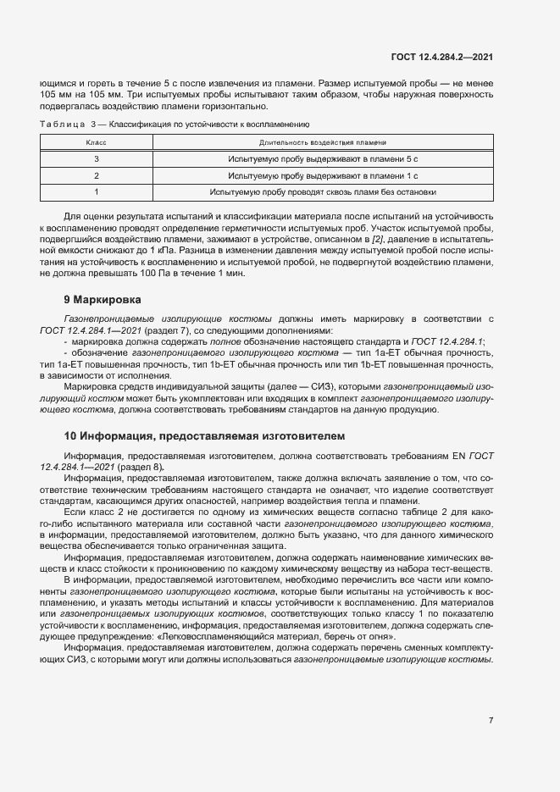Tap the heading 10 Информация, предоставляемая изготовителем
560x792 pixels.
pos(204,437)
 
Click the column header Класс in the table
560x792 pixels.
pos(97,143)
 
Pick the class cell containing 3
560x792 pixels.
pos(97,159)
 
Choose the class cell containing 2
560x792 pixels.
pos(97,175)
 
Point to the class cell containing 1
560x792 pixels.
pos(97,191)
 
